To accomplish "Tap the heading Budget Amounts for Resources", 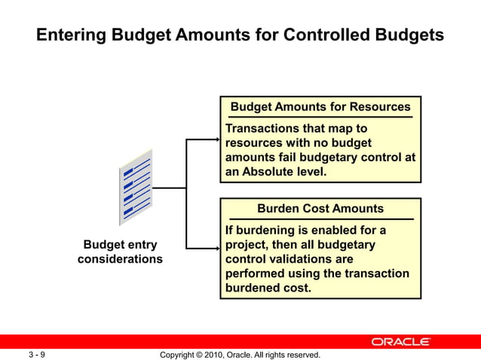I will (320, 107).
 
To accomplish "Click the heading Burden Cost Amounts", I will (320, 209).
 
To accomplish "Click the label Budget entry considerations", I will (120, 252).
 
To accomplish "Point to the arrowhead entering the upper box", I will (215, 139).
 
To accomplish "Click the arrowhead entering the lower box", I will (215, 249).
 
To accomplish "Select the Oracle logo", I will (400, 342).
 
